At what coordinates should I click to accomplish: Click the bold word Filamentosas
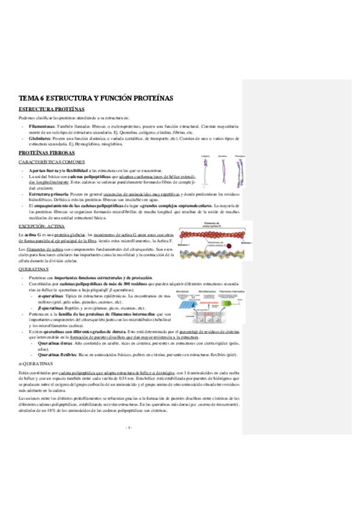pyautogui.click(x=41, y=126)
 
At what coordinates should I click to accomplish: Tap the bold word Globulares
pyautogui.click(x=39, y=138)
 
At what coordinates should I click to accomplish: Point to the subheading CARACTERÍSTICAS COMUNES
pyautogui.click(x=47, y=163)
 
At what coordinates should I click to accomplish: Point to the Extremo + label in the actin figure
pyautogui.click(x=184, y=246)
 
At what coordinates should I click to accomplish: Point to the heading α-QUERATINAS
pyautogui.click(x=35, y=364)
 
